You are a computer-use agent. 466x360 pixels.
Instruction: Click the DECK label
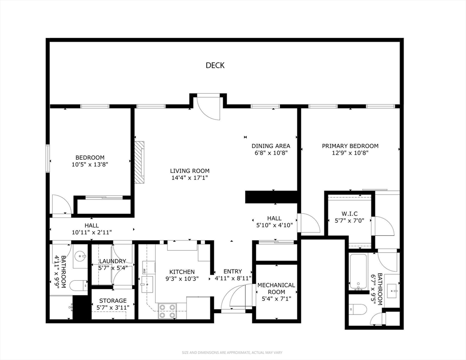point(215,66)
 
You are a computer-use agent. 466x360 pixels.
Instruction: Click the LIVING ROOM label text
point(189,171)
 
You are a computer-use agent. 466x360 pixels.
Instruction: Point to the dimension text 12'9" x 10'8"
point(350,153)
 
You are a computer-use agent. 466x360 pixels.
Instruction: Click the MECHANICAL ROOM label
point(276,288)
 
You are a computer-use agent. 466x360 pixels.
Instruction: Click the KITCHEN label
point(182,272)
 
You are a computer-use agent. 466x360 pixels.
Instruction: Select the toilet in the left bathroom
point(78,285)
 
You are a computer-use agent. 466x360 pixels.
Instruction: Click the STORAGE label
point(113,301)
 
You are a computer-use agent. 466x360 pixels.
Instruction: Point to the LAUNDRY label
point(113,261)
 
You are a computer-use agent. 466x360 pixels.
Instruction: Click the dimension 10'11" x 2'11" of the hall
point(91,232)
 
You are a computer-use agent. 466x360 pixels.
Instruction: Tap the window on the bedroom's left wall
point(48,158)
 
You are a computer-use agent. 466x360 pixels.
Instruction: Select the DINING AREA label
point(271,146)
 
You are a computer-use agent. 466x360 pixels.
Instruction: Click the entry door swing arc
point(234,295)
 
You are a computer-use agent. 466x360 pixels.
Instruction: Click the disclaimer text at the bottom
point(232,352)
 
